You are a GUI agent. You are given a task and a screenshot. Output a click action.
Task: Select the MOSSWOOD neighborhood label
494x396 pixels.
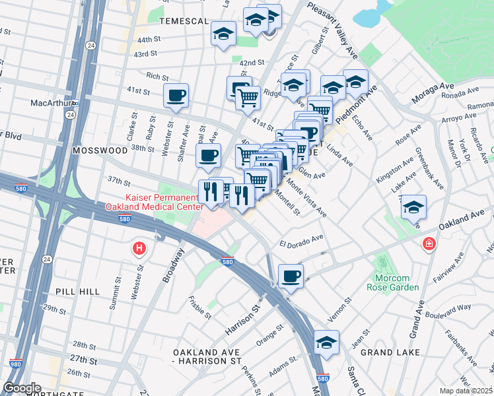click(99, 150)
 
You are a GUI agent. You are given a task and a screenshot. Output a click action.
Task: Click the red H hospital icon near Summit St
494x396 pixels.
click(139, 249)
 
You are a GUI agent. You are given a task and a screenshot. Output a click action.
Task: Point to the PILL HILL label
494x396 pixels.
click(78, 291)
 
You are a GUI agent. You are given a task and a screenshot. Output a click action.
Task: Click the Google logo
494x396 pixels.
click(22, 388)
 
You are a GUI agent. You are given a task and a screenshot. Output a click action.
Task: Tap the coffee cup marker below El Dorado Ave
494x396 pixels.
click(290, 276)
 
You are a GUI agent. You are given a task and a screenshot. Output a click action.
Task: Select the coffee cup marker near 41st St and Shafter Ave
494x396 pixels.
click(176, 96)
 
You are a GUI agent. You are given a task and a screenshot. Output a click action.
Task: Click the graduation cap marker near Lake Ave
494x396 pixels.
click(413, 207)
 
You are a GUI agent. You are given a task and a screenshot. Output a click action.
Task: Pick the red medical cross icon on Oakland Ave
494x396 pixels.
click(429, 245)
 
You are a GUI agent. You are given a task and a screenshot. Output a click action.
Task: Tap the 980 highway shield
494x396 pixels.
click(14, 363)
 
